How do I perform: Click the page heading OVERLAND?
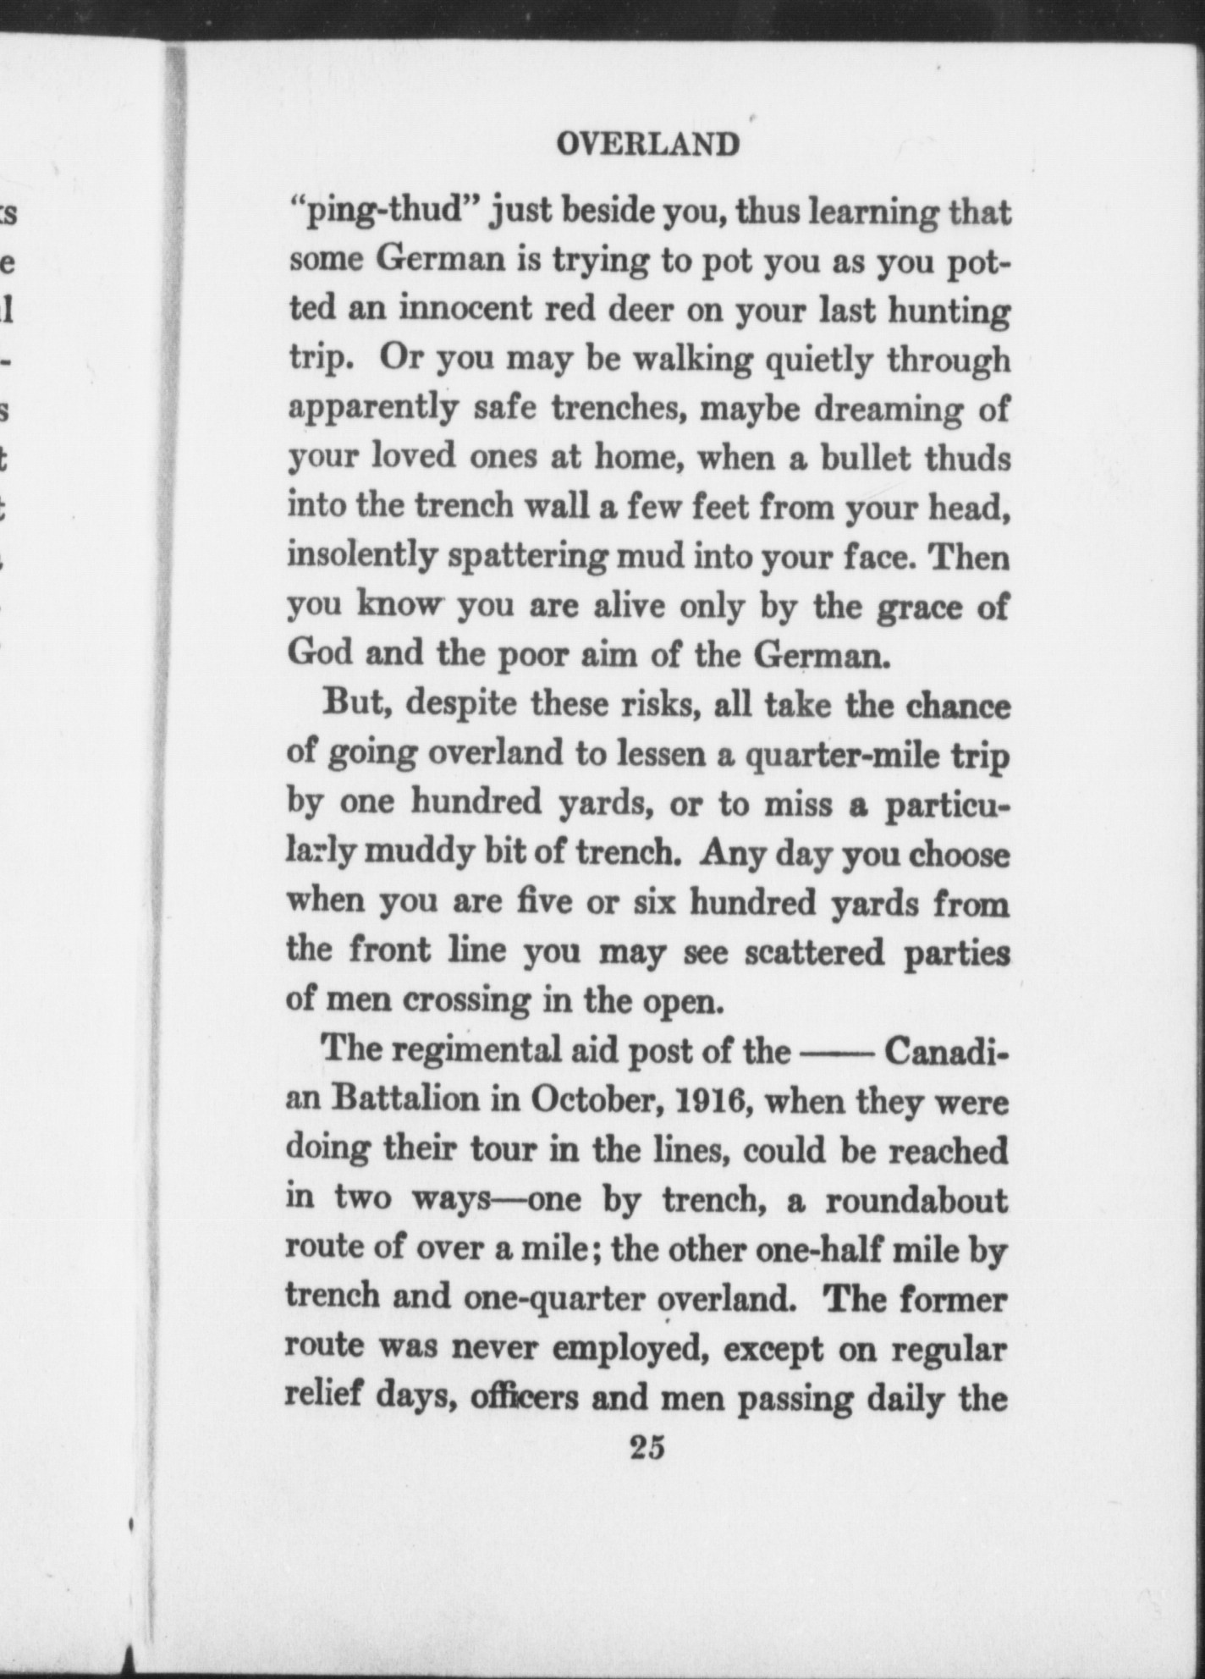(647, 145)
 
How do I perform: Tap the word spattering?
(526, 558)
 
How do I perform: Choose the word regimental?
(477, 1053)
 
